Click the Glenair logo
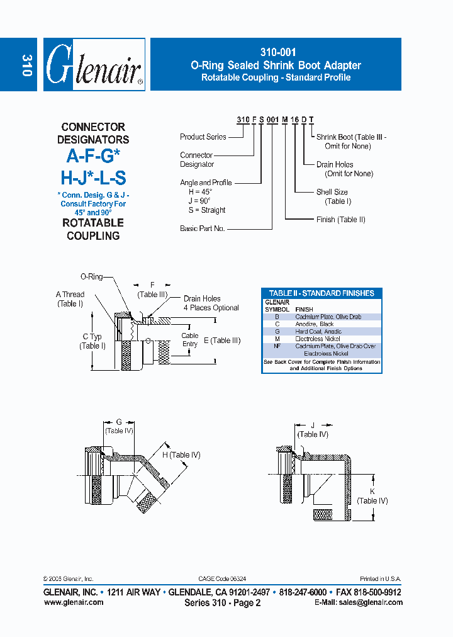click(x=94, y=65)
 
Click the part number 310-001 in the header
click(x=276, y=53)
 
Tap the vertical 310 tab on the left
click(x=26, y=65)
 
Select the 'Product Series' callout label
click(x=203, y=137)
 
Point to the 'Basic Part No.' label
click(x=202, y=228)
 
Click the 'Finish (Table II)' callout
click(x=340, y=220)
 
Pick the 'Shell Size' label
click(x=332, y=192)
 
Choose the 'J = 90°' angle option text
click(x=202, y=201)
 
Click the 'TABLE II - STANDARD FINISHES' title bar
click(x=322, y=293)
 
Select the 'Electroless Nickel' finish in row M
click(x=320, y=339)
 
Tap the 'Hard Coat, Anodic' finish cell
click(x=318, y=332)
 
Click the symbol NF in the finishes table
click(x=277, y=346)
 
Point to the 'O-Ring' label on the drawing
click(x=91, y=276)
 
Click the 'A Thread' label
click(x=70, y=295)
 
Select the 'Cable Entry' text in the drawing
click(x=189, y=340)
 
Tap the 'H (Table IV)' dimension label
click(x=181, y=455)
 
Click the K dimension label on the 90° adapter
click(x=372, y=491)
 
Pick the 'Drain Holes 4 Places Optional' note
click(x=211, y=303)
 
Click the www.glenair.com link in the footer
click(x=74, y=602)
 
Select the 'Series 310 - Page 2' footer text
click(x=222, y=603)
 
